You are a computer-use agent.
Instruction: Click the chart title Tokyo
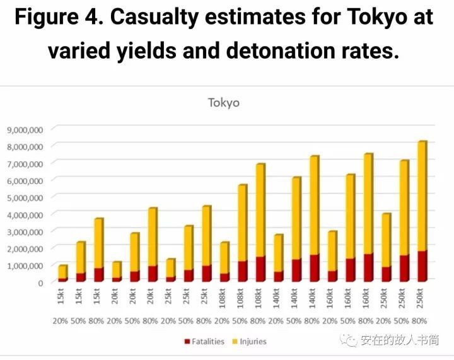[224, 103]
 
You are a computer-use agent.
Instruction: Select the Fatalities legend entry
[209, 341]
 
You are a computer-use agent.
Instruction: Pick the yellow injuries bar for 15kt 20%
[62, 272]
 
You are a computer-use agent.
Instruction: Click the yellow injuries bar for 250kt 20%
[387, 240]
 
